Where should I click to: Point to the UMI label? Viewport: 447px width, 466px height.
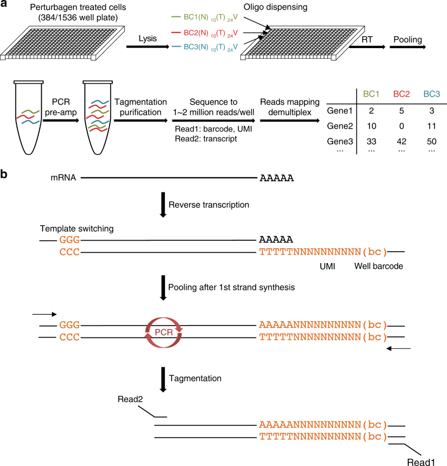(327, 266)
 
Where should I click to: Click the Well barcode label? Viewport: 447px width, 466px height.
(378, 266)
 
